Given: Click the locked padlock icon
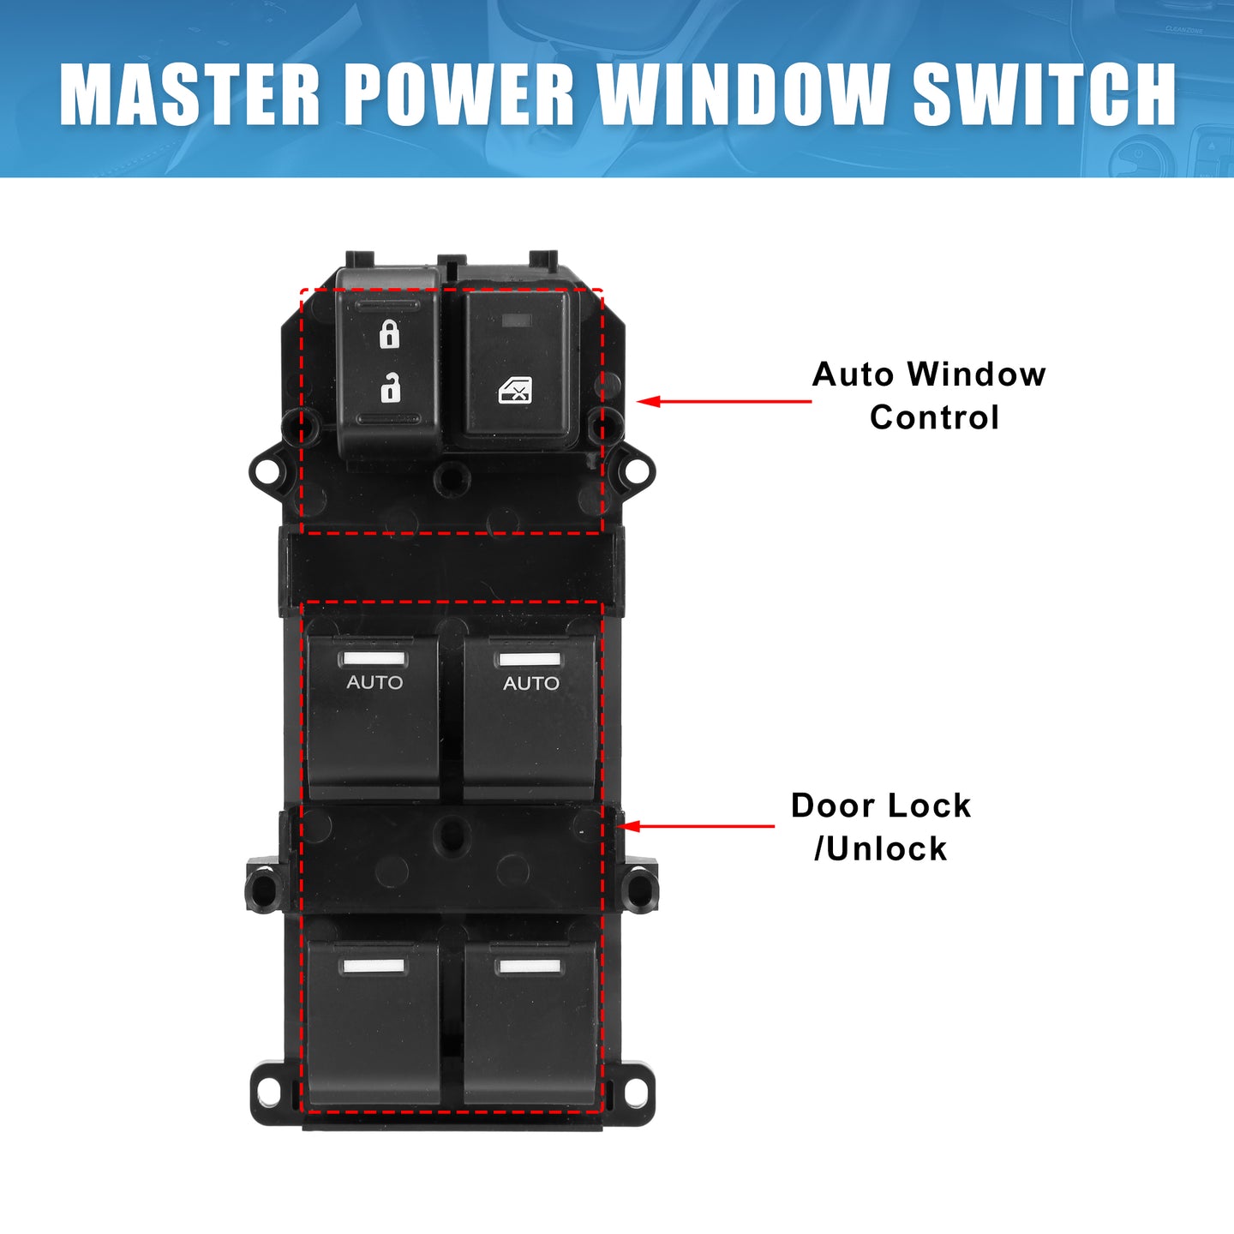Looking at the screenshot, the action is point(389,334).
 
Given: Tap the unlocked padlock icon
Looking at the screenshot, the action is point(390,386).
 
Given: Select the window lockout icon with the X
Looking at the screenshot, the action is point(515,390).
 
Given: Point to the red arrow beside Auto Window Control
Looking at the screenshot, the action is point(723,402).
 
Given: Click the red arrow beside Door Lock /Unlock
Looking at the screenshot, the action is point(696,826).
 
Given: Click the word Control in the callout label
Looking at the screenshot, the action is point(934,417).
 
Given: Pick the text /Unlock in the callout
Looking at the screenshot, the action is point(881,848).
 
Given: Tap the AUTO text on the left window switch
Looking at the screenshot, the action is point(374,683).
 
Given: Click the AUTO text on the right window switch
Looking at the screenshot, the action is point(530,683).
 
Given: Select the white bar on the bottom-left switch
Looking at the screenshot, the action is point(374,966).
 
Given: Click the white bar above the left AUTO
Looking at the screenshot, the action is point(374,659).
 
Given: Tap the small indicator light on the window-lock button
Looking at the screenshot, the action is point(518,320).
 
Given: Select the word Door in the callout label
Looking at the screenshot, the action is point(826,805).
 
